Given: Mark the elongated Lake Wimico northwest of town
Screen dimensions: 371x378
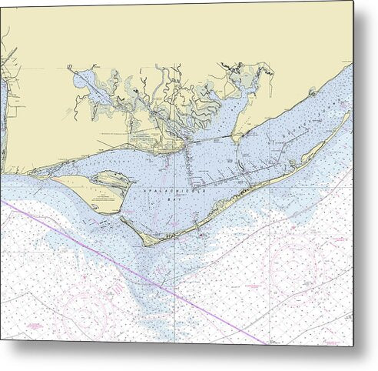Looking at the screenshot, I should [x=92, y=85].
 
